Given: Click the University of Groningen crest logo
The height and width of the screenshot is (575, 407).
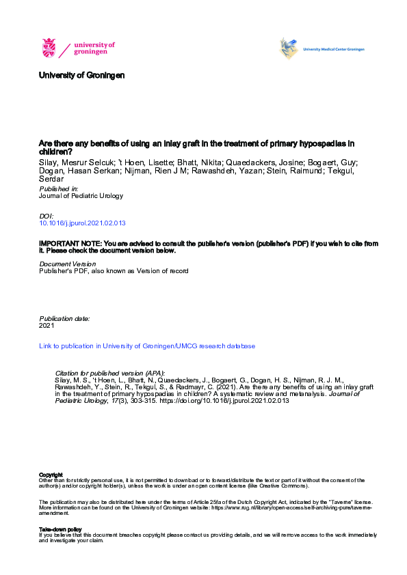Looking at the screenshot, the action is [50, 48].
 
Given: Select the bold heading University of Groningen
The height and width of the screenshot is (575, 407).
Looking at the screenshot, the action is [82, 74].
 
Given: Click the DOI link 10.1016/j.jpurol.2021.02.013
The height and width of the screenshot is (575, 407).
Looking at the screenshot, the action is [82, 223].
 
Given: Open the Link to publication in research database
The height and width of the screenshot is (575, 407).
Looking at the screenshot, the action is [147, 346].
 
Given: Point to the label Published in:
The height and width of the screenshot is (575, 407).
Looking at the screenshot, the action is [59, 188].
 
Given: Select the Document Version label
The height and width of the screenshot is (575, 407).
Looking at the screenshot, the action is [67, 264].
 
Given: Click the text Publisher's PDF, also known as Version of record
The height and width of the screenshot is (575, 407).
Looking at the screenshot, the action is [113, 270].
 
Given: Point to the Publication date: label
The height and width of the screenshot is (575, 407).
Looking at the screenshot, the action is [64, 318].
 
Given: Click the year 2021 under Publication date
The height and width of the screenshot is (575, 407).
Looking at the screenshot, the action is [47, 326].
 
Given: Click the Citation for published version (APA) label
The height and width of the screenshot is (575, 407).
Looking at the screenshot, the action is [109, 374].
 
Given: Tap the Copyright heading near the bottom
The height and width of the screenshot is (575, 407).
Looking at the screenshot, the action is [51, 475].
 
